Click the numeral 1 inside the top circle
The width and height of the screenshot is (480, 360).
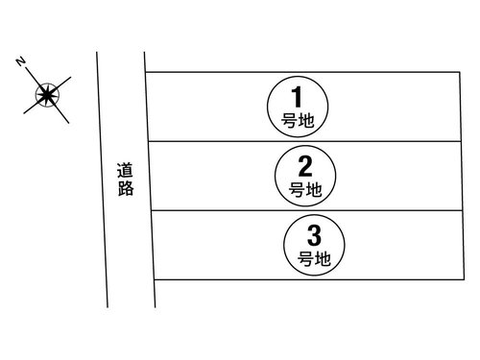(298, 96)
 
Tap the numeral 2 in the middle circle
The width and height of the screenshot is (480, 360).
(304, 164)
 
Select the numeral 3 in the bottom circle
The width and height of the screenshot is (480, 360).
(314, 234)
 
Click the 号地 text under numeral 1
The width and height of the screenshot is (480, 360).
(298, 122)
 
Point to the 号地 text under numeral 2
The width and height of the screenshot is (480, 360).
(304, 190)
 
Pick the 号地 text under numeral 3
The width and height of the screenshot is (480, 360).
(314, 259)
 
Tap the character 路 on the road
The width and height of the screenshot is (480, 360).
(126, 189)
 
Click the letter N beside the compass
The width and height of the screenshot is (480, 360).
(20, 61)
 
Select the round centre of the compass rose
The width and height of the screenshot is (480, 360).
(45, 94)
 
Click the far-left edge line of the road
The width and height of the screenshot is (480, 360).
(102, 182)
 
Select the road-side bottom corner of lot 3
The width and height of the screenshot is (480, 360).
(156, 279)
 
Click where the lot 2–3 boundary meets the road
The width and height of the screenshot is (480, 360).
(152, 211)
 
